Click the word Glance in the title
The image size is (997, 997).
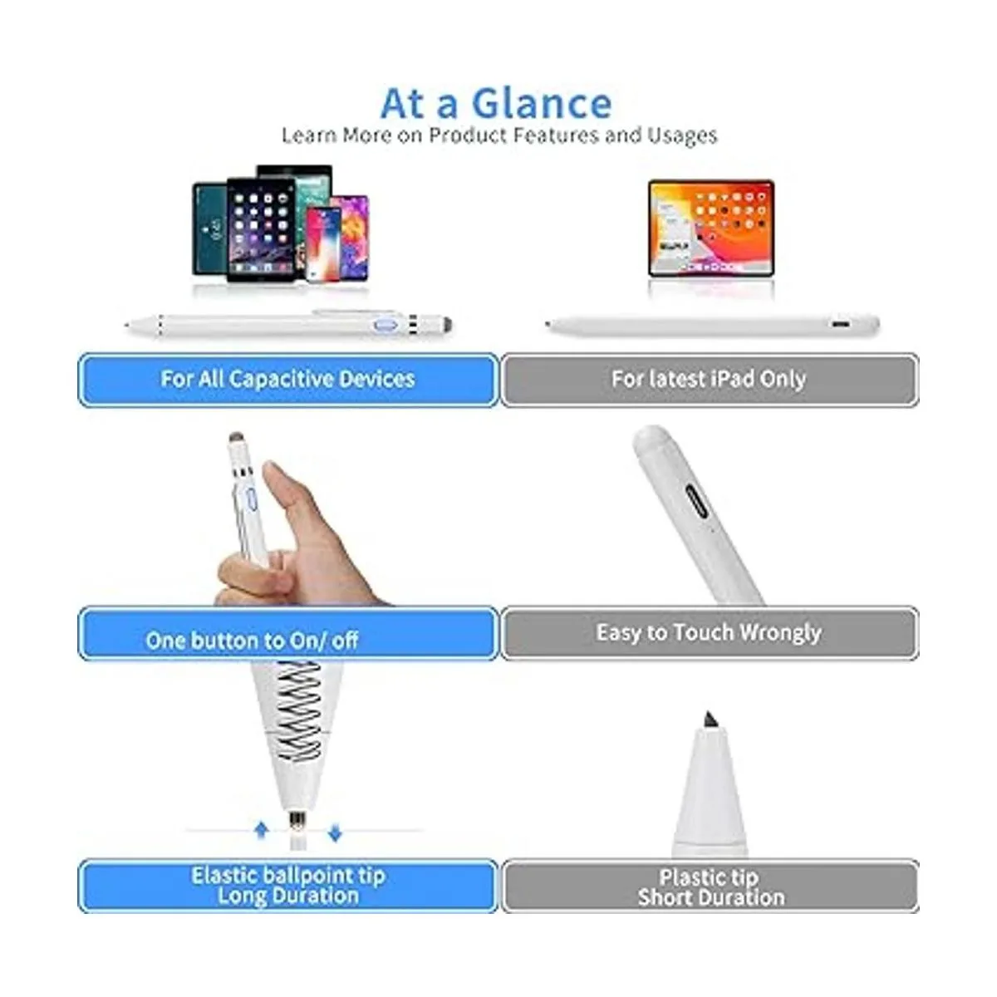tap(542, 104)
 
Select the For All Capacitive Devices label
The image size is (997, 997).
tap(287, 380)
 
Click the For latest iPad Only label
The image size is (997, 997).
tap(709, 380)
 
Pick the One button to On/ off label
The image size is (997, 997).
tap(253, 640)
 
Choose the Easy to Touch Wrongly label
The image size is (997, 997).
tap(709, 633)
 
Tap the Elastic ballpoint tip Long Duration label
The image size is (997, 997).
tap(287, 886)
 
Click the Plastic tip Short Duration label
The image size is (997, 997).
tap(710, 887)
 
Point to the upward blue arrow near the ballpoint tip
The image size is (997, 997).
tap(262, 830)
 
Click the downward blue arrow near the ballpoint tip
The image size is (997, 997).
tap(335, 832)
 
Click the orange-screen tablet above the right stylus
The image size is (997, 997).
tap(710, 228)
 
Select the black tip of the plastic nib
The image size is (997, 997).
tap(709, 720)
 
